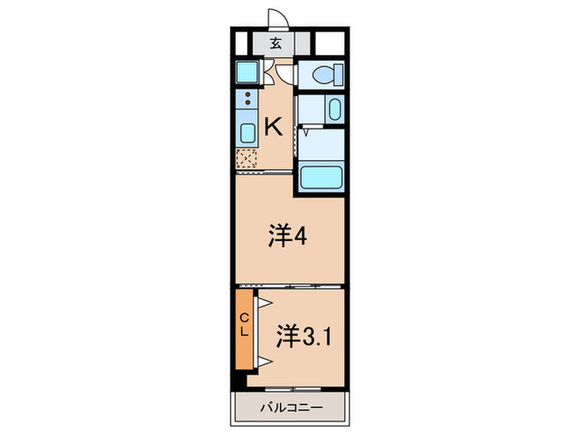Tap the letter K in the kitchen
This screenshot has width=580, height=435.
(273, 127)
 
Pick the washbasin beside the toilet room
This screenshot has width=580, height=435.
(331, 109)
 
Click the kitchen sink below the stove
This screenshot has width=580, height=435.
(247, 133)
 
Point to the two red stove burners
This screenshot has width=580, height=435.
(247, 101)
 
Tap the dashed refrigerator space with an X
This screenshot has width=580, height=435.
(247, 157)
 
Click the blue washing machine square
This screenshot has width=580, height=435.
(247, 73)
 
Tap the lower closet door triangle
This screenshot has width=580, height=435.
(266, 360)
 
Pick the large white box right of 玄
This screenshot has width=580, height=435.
(329, 44)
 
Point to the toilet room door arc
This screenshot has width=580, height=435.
(285, 75)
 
